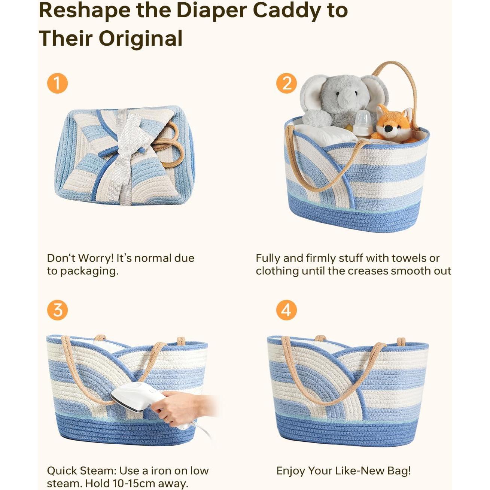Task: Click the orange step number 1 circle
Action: (57, 83)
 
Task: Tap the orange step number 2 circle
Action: (286, 83)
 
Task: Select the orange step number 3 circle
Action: (57, 310)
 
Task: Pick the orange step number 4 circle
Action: (286, 310)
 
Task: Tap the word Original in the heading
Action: (140, 38)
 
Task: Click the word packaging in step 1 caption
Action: (89, 271)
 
